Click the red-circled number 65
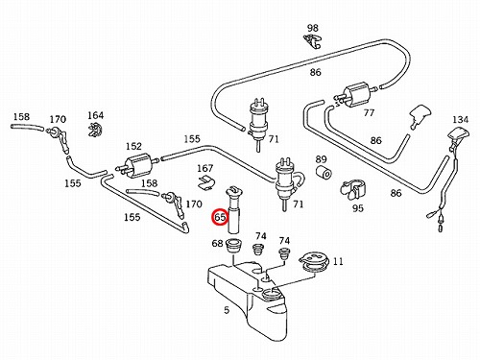[x=220, y=217]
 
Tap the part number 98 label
[x=313, y=28]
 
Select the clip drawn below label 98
[x=312, y=41]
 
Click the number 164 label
[x=96, y=115]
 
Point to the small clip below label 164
[x=95, y=130]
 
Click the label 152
[x=133, y=146]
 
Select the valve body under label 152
[x=136, y=163]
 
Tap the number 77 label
[x=369, y=112]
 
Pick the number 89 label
[x=321, y=159]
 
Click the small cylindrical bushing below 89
[x=324, y=173]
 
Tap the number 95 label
[x=358, y=208]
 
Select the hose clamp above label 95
[x=352, y=189]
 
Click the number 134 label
[x=460, y=120]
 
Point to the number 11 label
[x=338, y=261]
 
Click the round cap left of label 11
[x=314, y=262]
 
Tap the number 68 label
[x=217, y=243]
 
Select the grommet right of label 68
[x=234, y=246]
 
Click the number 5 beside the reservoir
[x=227, y=310]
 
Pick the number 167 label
[x=204, y=168]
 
